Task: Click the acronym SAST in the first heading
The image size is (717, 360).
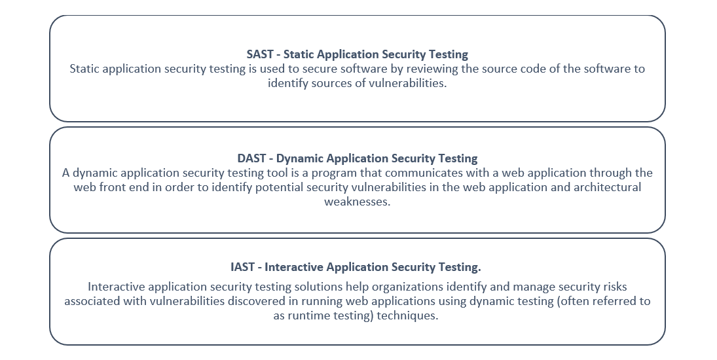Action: click(260, 54)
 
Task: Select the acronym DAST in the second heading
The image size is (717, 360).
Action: click(251, 158)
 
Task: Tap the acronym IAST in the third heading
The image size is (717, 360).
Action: click(242, 267)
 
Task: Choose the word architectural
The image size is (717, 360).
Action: click(607, 187)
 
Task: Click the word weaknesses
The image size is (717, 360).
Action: click(357, 202)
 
